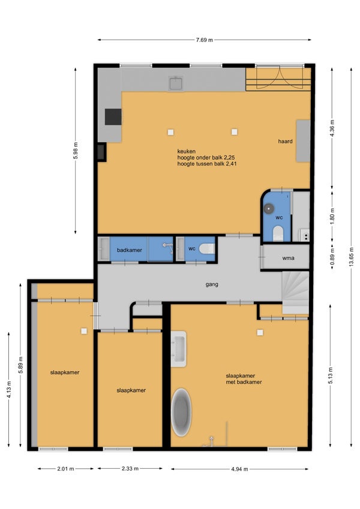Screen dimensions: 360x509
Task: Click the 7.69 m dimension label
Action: [x=205, y=40]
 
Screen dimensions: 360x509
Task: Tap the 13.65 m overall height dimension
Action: [x=351, y=257]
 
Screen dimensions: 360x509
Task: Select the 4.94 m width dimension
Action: [x=240, y=469]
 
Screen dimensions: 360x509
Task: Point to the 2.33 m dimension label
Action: [x=130, y=468]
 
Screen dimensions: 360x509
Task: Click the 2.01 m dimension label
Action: [x=65, y=469]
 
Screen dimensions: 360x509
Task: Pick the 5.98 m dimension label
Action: [x=76, y=150]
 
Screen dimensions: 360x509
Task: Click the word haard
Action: [x=285, y=141]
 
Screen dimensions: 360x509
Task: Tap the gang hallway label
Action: [x=212, y=284]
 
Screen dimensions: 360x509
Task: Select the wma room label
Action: [x=288, y=258]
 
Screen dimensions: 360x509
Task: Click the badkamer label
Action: [x=130, y=250]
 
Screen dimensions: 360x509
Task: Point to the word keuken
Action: [x=187, y=151]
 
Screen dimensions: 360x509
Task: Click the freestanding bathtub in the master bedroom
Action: [x=181, y=412]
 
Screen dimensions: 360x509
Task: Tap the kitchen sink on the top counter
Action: [x=176, y=83]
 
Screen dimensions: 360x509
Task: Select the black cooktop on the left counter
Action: [x=113, y=117]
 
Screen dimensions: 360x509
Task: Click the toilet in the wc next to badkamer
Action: [x=207, y=249]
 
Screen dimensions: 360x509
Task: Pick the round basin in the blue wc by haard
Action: [x=269, y=209]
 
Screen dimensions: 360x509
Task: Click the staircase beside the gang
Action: [x=295, y=293]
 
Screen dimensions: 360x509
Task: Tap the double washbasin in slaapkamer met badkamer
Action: [x=179, y=349]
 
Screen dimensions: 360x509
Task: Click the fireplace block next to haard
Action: [x=303, y=141]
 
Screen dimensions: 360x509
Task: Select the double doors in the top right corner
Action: [x=279, y=77]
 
